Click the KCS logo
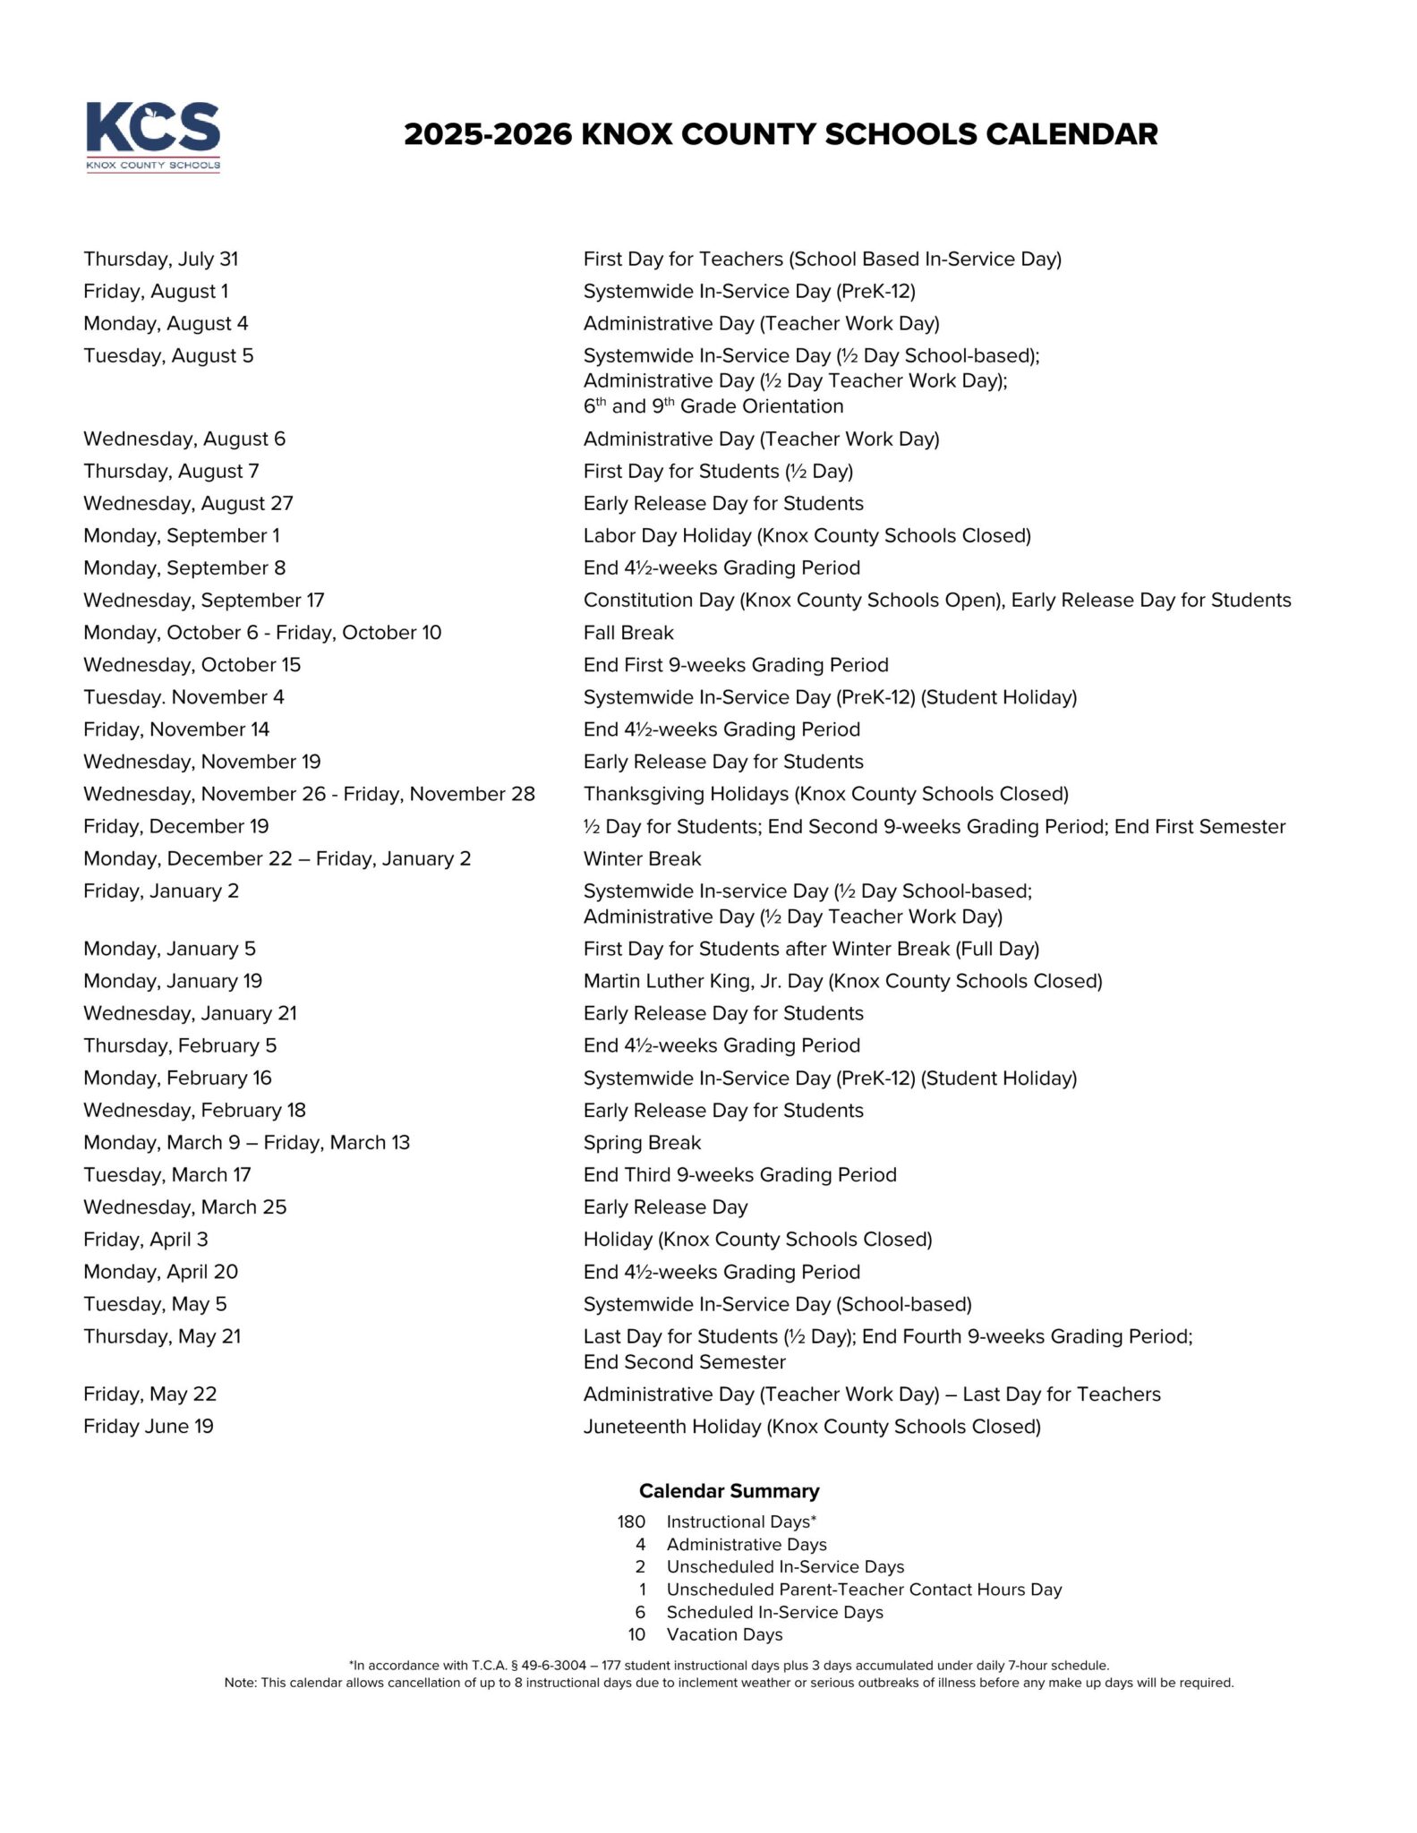tap(153, 136)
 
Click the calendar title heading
tap(780, 134)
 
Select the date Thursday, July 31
tap(161, 260)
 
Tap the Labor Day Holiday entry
tap(807, 536)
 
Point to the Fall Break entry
tap(628, 633)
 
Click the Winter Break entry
tap(642, 859)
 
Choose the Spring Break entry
tap(642, 1143)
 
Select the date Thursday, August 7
tap(171, 472)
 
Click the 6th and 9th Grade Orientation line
tap(713, 406)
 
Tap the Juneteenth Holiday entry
tap(812, 1427)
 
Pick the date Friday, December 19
tap(175, 827)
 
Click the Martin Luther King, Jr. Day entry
tap(842, 982)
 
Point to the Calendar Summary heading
tap(729, 1491)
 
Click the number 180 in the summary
tap(631, 1522)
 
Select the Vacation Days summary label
tap(724, 1634)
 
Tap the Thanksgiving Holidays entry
tap(825, 795)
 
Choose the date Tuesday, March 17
tap(167, 1175)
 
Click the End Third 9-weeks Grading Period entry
tap(739, 1175)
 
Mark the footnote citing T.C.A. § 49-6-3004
tap(729, 1666)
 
